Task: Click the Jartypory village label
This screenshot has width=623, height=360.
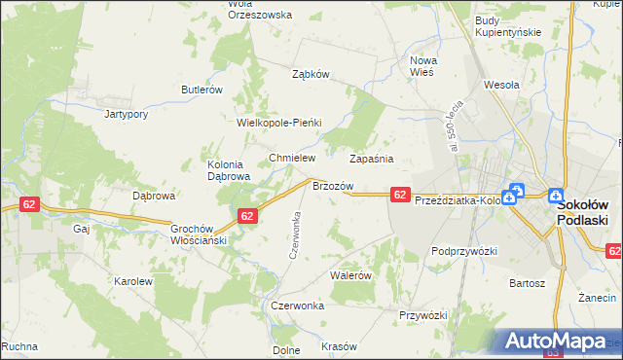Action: tap(126, 114)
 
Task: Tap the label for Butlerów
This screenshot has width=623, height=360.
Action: tap(202, 90)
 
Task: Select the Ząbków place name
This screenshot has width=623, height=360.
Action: tap(312, 74)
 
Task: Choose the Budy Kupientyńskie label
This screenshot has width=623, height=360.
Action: tap(507, 26)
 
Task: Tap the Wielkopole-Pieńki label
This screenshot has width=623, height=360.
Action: tap(279, 124)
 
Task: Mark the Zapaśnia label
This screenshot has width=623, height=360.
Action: tap(371, 158)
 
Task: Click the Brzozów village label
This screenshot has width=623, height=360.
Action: tap(332, 185)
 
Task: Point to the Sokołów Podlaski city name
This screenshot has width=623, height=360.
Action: tap(582, 213)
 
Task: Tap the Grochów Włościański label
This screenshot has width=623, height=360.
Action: tap(199, 233)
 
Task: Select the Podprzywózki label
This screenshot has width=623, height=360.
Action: tap(464, 251)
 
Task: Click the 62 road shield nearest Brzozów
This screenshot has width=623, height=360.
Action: tap(399, 196)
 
